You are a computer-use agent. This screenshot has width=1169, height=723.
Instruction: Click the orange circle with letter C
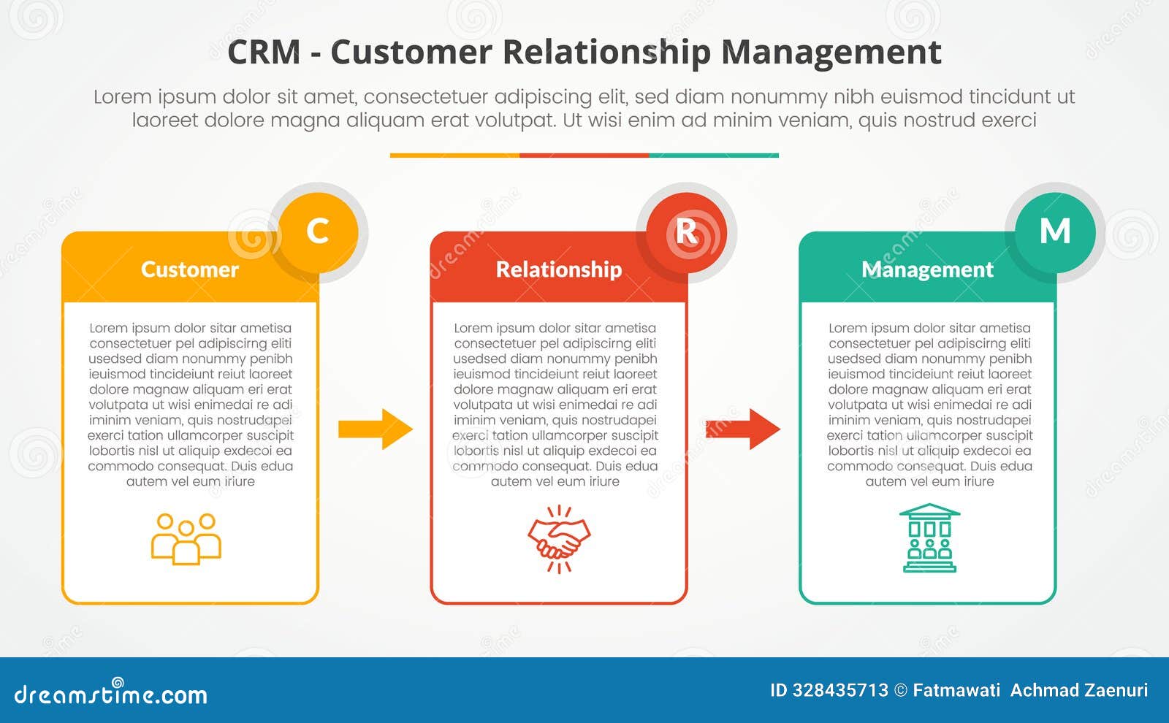coord(318,232)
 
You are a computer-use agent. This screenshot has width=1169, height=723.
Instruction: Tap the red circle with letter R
coord(686,232)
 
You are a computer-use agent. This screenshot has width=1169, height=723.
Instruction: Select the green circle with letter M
coord(1054,232)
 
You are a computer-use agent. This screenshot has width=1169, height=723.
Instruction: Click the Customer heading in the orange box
coord(190,269)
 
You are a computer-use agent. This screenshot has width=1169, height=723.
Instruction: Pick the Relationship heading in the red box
coord(559,269)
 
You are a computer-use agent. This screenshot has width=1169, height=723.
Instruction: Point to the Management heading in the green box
coord(927,269)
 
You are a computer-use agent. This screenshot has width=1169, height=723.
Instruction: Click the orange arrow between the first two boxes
coord(376,429)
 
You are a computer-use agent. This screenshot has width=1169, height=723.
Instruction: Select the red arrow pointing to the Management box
coord(743,429)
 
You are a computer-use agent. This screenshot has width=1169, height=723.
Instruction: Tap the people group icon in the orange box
coord(186,540)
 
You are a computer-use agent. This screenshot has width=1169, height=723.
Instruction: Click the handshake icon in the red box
coord(559,540)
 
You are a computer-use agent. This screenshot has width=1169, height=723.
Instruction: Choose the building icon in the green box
coord(929,538)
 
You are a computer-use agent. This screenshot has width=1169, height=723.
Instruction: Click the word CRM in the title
coord(264,53)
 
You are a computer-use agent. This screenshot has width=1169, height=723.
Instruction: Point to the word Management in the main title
coord(831,53)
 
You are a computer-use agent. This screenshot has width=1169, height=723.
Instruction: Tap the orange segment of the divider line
coord(454,156)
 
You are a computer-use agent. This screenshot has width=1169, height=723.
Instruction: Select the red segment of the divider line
coord(584,156)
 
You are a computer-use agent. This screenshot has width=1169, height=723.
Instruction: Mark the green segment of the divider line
coord(713,156)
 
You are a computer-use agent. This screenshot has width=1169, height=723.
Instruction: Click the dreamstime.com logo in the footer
coord(111,693)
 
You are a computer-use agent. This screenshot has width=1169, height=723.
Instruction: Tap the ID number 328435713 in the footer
coord(840,690)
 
